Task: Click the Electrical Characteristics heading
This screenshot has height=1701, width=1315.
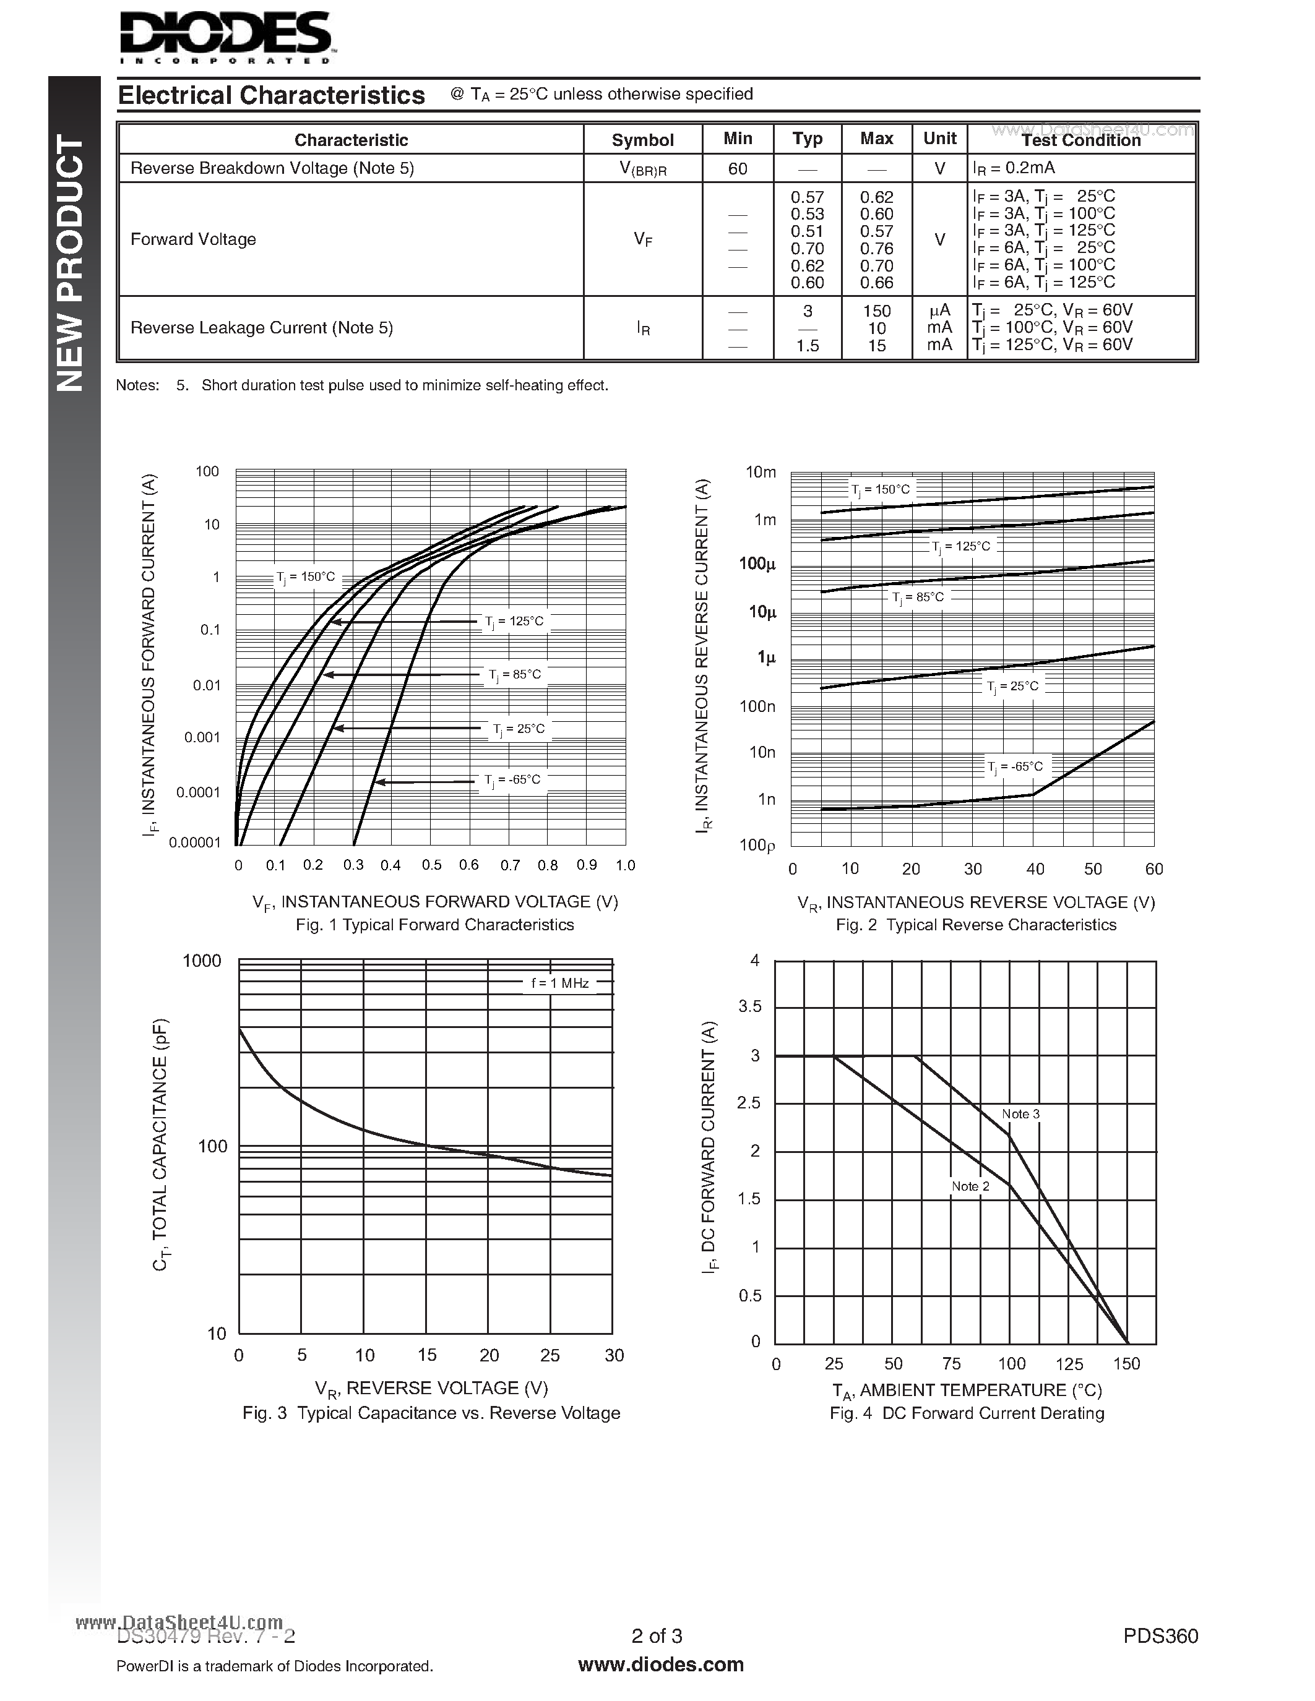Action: pos(271,95)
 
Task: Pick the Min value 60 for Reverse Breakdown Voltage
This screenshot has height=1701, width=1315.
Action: pos(737,168)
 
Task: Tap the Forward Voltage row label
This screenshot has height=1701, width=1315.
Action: pos(193,239)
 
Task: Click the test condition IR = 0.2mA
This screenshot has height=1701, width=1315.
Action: pos(1014,168)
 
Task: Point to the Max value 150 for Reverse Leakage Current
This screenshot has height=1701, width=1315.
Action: pos(876,311)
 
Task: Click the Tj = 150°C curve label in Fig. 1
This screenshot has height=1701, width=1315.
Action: pos(305,577)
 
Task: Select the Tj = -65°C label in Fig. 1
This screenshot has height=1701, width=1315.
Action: pos(512,779)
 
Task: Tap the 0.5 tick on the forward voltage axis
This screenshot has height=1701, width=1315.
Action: pos(431,865)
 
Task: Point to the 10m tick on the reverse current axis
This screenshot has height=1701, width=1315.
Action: pos(761,472)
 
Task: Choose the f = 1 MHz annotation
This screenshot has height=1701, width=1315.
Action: pos(560,983)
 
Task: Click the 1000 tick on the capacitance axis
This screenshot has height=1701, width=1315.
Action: pos(202,961)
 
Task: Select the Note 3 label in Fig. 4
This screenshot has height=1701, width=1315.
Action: pos(1020,1114)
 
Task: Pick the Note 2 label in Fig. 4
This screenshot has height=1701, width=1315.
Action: pos(970,1186)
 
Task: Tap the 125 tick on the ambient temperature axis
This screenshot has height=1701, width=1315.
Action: pos(1069,1364)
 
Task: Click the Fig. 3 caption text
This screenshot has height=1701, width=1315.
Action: pos(431,1413)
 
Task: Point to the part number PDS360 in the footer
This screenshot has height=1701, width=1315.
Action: pos(1160,1636)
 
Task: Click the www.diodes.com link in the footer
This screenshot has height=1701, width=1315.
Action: pos(661,1665)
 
